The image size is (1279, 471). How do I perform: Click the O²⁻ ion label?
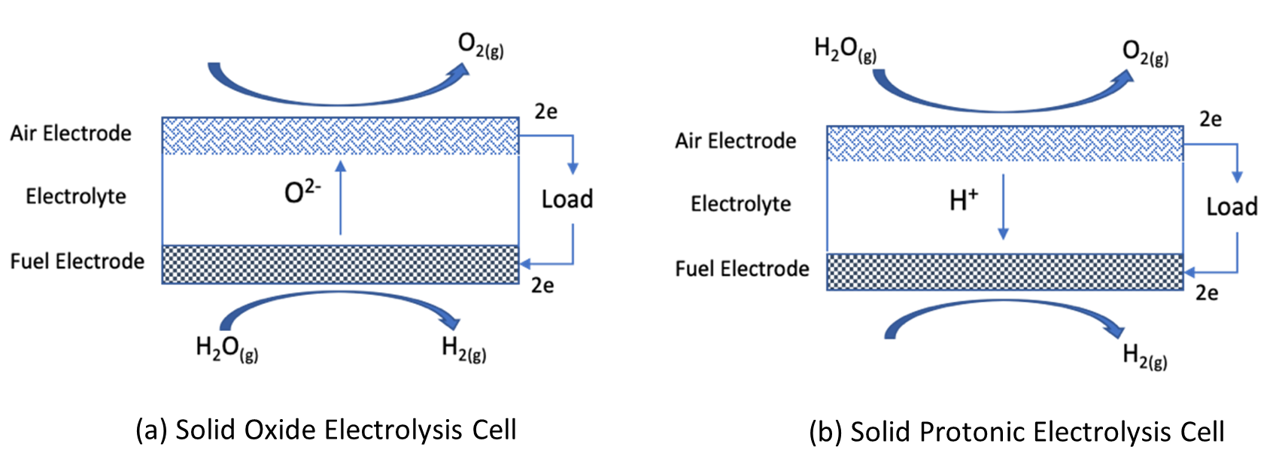tap(302, 192)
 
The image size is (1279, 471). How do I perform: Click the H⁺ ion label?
tap(964, 199)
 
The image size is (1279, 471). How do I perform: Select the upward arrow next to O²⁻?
tap(341, 197)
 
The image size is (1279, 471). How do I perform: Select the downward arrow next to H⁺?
tap(1003, 206)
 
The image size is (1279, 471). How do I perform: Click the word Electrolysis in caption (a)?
tap(393, 430)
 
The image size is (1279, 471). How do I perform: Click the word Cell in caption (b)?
tap(1202, 433)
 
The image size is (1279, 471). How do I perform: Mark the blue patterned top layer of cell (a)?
tap(340, 136)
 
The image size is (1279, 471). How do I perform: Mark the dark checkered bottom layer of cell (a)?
tap(340, 264)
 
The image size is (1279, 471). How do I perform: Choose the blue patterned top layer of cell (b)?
tap(1004, 144)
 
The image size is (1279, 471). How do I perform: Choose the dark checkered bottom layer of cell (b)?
tap(1004, 272)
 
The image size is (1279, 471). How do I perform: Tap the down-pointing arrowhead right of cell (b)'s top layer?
tap(1237, 178)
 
